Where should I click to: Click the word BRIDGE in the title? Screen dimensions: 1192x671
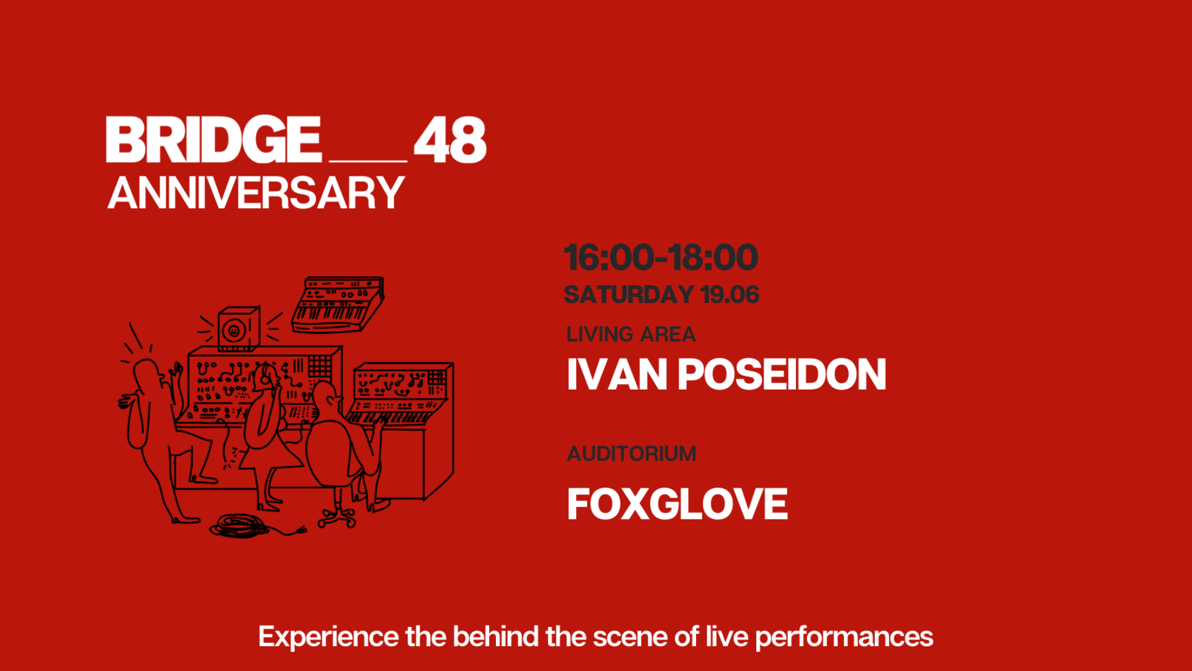[x=214, y=140]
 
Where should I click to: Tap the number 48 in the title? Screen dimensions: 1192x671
[x=450, y=140]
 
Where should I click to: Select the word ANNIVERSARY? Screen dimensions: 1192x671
[x=256, y=193]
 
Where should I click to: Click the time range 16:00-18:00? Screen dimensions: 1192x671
[x=661, y=257]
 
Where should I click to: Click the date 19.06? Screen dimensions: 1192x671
[x=730, y=294]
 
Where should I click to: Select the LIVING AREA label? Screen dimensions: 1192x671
[x=631, y=334]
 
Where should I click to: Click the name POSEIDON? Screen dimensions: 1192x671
[x=782, y=375]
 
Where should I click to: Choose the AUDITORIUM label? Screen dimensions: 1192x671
[x=631, y=454]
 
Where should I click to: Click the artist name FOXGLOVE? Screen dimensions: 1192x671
[x=677, y=504]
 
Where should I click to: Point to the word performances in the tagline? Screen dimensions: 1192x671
[x=844, y=637]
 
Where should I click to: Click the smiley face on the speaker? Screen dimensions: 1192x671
[x=234, y=331]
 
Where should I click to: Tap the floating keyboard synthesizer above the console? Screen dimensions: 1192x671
[x=338, y=304]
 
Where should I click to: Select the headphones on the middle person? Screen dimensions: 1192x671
[x=266, y=375]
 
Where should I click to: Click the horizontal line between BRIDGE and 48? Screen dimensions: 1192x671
[x=368, y=161]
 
